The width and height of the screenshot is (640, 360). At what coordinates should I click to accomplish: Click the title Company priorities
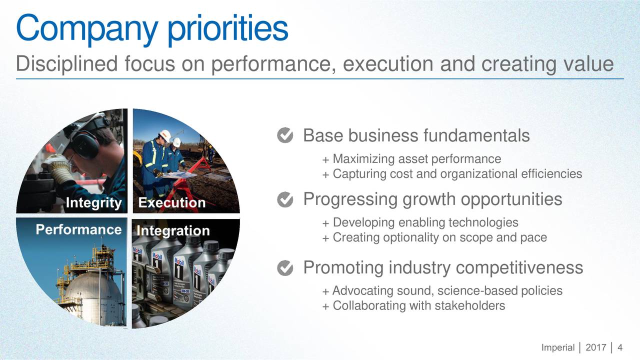tap(152, 28)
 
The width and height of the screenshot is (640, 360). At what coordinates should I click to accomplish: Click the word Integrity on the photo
tap(93, 203)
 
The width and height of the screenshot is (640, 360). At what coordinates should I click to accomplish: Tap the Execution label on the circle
tap(172, 202)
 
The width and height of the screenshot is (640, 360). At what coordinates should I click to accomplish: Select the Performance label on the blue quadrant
tap(78, 229)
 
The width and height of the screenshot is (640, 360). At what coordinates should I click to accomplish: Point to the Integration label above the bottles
tap(173, 231)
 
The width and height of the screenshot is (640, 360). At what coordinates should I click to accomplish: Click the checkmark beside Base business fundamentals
tap(285, 135)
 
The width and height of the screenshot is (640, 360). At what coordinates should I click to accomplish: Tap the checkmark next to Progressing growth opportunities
tap(285, 199)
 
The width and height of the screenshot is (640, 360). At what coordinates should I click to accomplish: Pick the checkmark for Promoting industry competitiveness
tap(285, 268)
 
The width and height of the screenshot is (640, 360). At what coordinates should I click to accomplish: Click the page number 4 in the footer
tap(619, 347)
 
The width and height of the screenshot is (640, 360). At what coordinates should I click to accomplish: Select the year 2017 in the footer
tap(595, 347)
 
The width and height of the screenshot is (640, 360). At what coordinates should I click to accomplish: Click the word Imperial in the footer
tap(557, 347)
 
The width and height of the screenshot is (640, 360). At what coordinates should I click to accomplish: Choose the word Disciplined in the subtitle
tap(67, 63)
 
